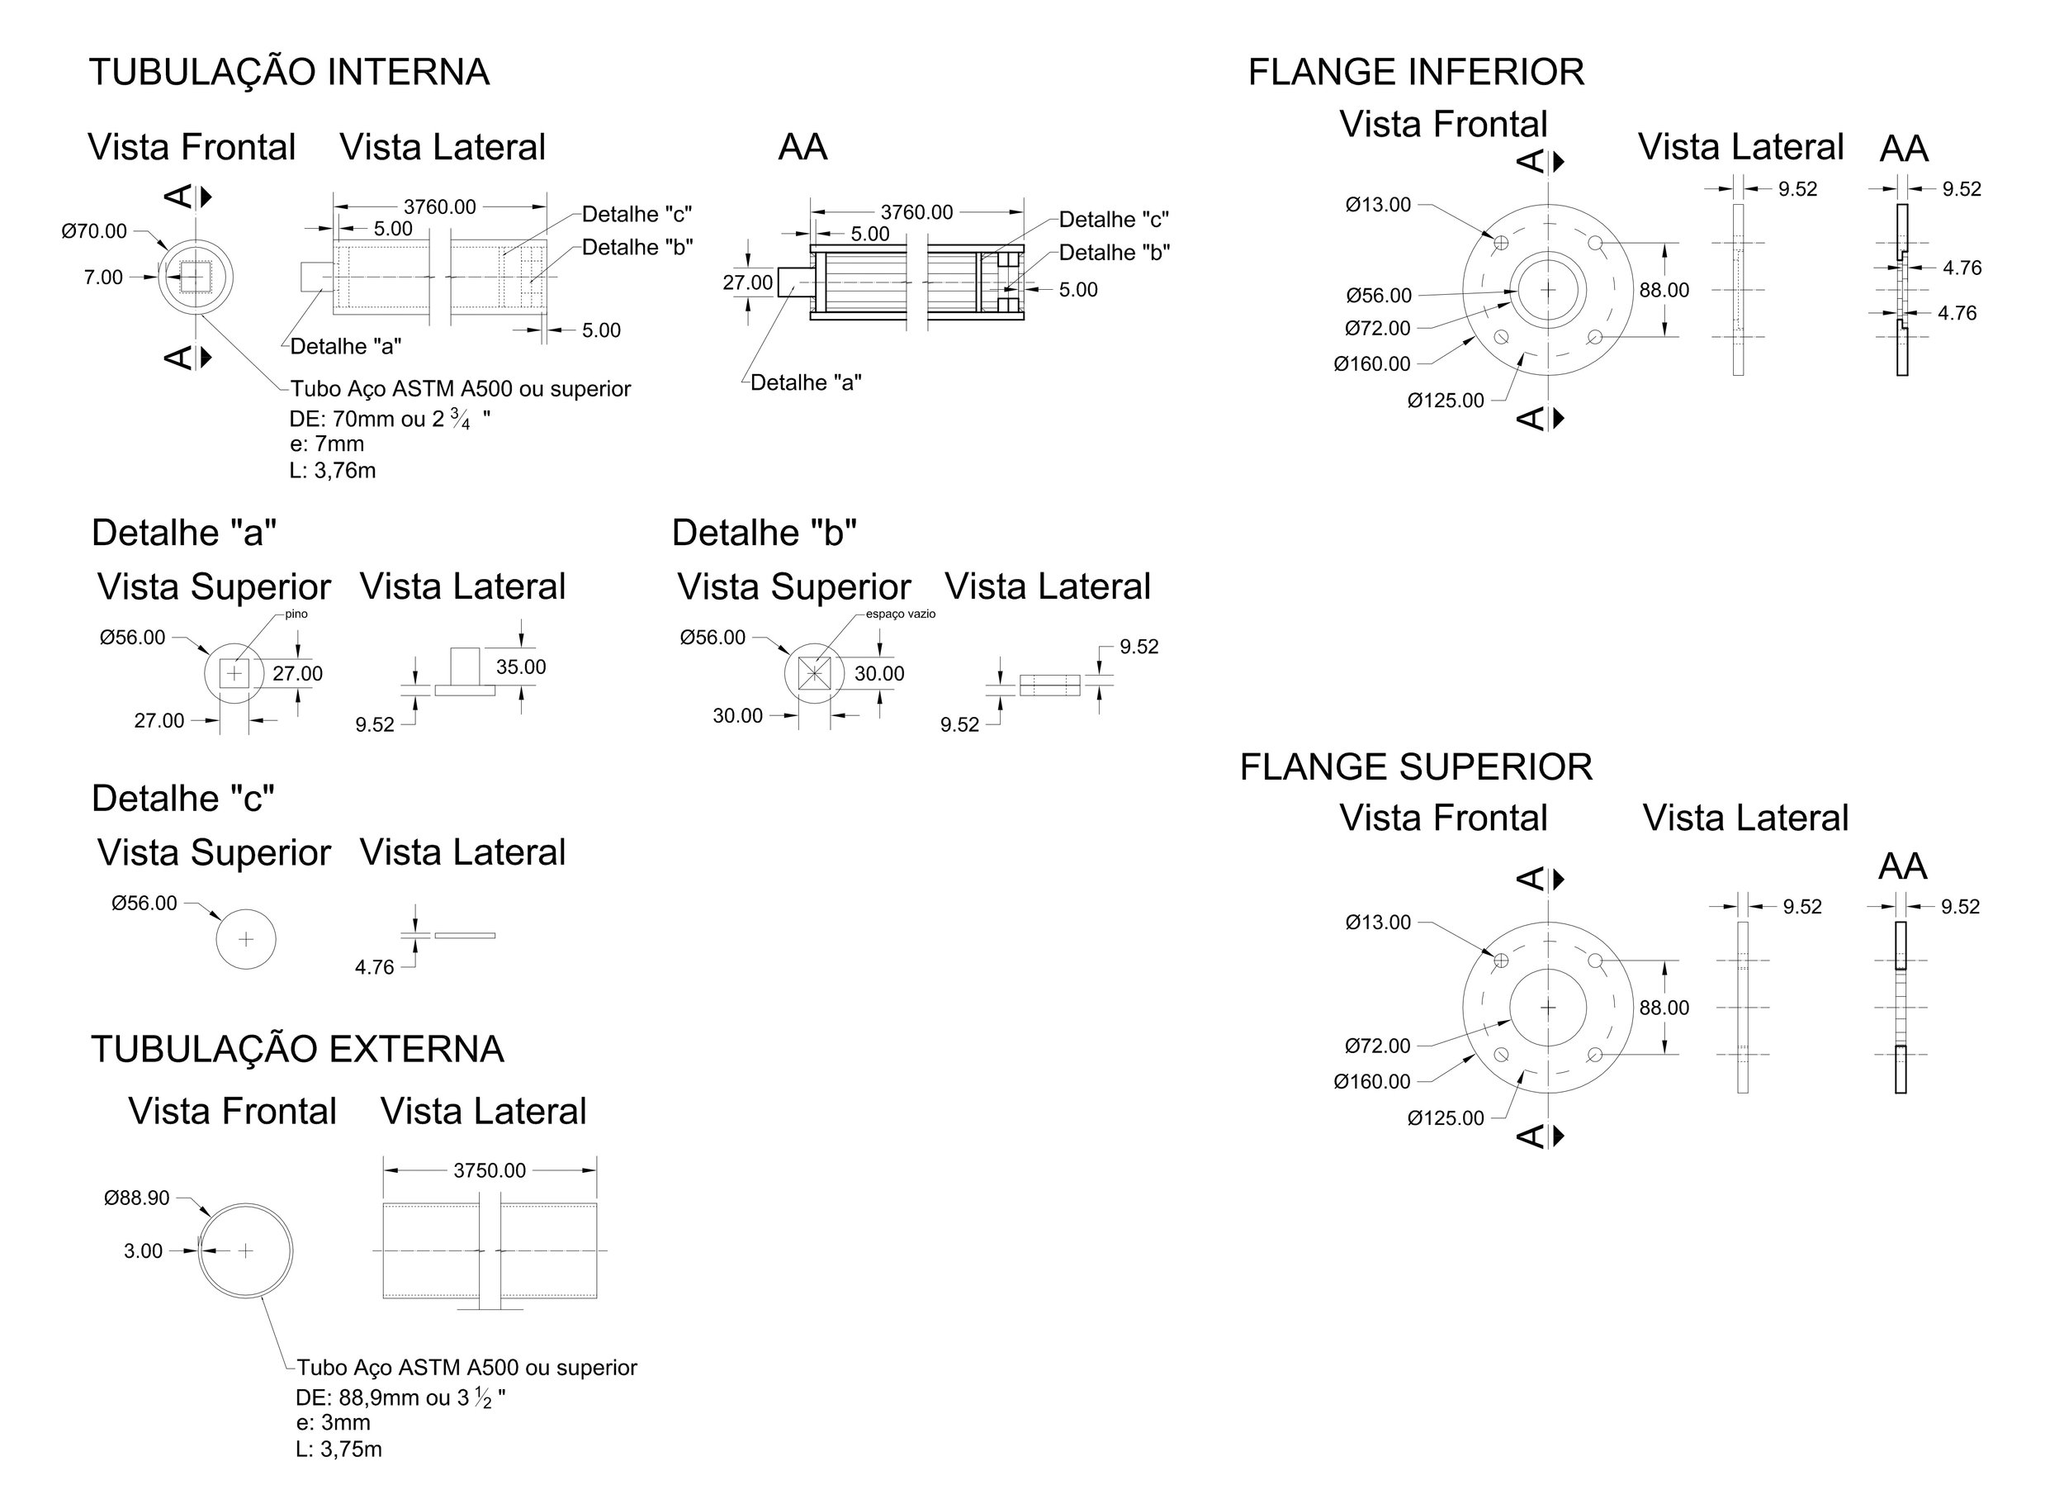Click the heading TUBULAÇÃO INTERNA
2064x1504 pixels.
pyautogui.click(x=290, y=72)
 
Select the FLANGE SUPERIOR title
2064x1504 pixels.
pyautogui.click(x=1416, y=767)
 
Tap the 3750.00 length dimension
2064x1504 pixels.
pyautogui.click(x=490, y=1171)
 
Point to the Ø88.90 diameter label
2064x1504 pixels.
pyautogui.click(x=136, y=1198)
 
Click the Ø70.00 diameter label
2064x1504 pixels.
pyautogui.click(x=95, y=231)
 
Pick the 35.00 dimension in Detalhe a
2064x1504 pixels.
pyautogui.click(x=521, y=667)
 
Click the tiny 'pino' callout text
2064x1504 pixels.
pyautogui.click(x=296, y=614)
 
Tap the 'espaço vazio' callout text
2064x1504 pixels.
pyautogui.click(x=900, y=614)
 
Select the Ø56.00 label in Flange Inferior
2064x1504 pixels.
pyautogui.click(x=1379, y=296)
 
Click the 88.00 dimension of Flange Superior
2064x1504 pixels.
pyautogui.click(x=1664, y=1008)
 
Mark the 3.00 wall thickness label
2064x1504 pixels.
pyautogui.click(x=143, y=1252)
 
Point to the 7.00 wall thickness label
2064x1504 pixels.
pyautogui.click(x=103, y=278)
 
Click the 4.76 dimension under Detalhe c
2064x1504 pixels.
pyautogui.click(x=374, y=968)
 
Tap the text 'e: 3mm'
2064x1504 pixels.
pyautogui.click(x=333, y=1423)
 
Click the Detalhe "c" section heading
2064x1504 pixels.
pyautogui.click(x=183, y=799)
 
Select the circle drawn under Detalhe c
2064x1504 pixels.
pyautogui.click(x=246, y=940)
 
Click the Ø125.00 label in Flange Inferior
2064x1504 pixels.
pyautogui.click(x=1445, y=401)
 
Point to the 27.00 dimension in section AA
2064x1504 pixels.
pyautogui.click(x=747, y=283)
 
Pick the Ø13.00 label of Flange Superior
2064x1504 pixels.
pyautogui.click(x=1378, y=923)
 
